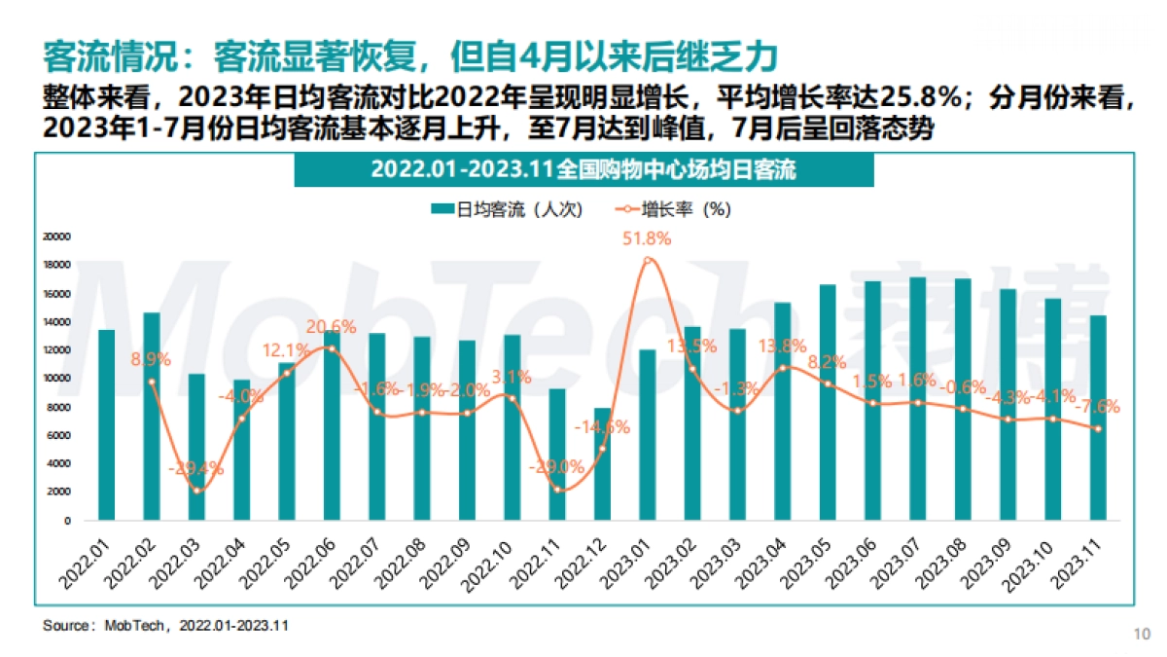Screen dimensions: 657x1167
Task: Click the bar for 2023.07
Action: point(917,399)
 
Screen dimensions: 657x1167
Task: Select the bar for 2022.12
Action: point(602,464)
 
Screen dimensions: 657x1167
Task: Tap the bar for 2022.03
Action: point(196,447)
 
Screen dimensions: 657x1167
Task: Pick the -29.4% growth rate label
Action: point(197,468)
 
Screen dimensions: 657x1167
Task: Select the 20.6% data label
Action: point(332,327)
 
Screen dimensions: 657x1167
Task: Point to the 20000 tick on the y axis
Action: point(57,237)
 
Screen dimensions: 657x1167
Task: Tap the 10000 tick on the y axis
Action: point(57,379)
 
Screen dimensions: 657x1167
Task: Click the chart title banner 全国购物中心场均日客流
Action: point(583,169)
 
